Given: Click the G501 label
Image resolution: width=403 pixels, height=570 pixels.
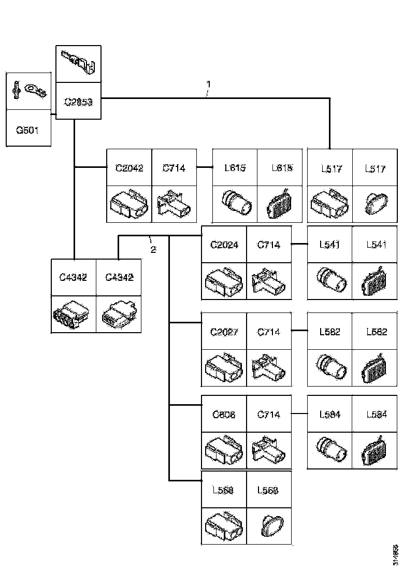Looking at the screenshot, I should pyautogui.click(x=28, y=131).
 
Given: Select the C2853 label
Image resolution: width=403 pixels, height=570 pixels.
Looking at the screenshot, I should pyautogui.click(x=78, y=102).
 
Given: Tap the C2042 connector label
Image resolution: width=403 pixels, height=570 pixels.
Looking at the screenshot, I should pyautogui.click(x=129, y=168).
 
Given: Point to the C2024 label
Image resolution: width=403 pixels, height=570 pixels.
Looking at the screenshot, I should pyautogui.click(x=224, y=245).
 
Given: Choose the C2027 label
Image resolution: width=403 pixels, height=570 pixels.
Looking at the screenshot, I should pyautogui.click(x=224, y=332).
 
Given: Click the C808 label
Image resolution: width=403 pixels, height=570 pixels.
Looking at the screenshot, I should pyautogui.click(x=224, y=415).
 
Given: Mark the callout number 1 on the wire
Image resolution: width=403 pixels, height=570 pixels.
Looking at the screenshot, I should pyautogui.click(x=208, y=83).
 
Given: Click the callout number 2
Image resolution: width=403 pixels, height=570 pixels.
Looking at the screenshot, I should pyautogui.click(x=153, y=249).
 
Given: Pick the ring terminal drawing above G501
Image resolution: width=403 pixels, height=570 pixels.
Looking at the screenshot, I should pyautogui.click(x=28, y=92).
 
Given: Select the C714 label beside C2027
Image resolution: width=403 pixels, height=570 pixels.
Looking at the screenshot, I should pyautogui.click(x=269, y=332).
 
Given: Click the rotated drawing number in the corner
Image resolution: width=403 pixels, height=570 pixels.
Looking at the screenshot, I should pyautogui.click(x=395, y=554).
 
